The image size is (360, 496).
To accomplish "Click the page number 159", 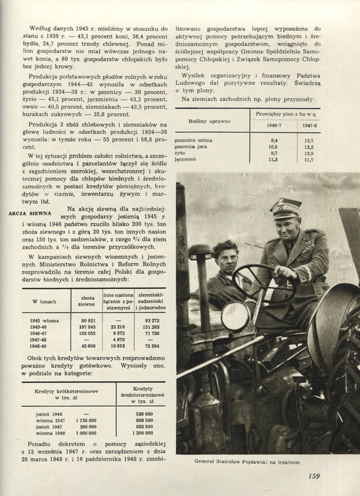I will tap(314, 476).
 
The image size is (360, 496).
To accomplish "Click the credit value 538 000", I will tap(143, 414).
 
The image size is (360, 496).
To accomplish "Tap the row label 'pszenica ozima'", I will tap(194, 141).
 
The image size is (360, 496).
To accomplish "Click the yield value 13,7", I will tap(309, 141).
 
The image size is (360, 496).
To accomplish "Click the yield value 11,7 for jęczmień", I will tap(309, 160).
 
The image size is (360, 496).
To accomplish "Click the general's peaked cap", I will tap(286, 207).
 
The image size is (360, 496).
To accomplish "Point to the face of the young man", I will tap(226, 259).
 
